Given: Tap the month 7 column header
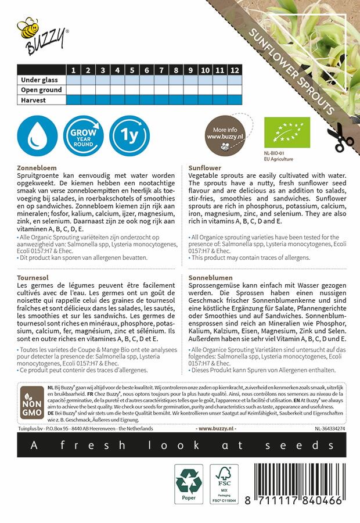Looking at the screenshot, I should click(x=147, y=70).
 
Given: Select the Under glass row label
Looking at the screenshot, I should click(x=41, y=80).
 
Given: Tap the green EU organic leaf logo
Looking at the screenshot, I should click(x=285, y=131).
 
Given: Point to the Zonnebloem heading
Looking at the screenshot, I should click(x=39, y=167).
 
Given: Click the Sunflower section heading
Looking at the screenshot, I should click(x=206, y=167).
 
